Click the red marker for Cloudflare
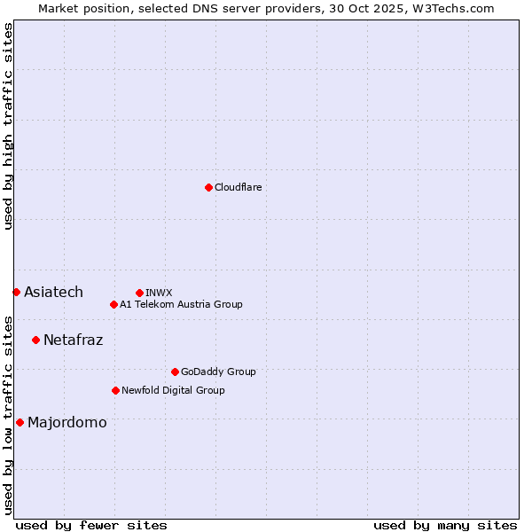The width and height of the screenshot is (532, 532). click(208, 187)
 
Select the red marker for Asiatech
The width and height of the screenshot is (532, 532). click(16, 292)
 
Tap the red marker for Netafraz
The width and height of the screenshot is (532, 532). click(35, 340)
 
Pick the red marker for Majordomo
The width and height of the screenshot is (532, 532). click(20, 422)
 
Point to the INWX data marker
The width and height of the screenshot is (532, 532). click(139, 293)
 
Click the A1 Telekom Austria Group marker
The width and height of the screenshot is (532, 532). click(113, 304)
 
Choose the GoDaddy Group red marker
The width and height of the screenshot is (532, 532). click(175, 372)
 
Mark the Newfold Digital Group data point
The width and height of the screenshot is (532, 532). click(115, 390)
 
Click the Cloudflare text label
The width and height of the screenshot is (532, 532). click(238, 187)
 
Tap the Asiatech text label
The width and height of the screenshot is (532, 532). click(53, 292)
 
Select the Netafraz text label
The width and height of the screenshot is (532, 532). click(73, 340)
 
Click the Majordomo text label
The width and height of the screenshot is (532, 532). click(66, 422)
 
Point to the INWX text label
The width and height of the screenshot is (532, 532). click(159, 293)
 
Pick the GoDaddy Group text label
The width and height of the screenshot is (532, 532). click(218, 372)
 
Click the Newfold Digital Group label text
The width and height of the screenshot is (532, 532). click(173, 390)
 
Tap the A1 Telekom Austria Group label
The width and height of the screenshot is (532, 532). click(181, 304)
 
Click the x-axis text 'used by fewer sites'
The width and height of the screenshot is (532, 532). click(91, 525)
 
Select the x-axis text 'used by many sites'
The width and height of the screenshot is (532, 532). click(445, 525)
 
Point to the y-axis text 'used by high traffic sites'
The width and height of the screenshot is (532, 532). click(8, 126)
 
